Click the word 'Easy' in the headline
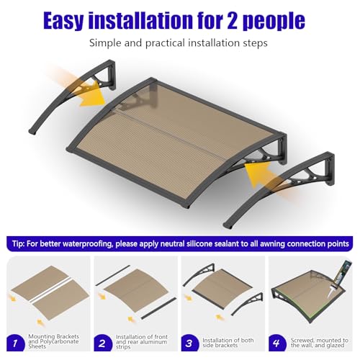tap(68, 20)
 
